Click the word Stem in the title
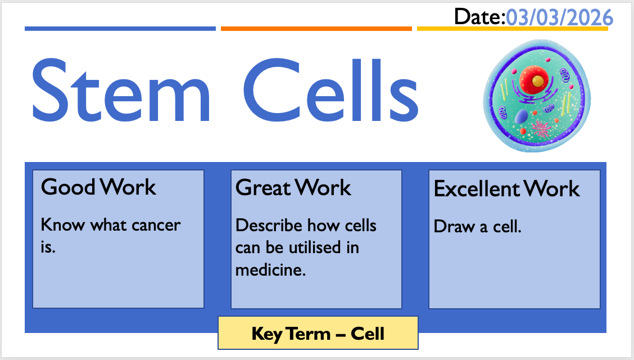coord(121,90)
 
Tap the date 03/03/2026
coord(560,18)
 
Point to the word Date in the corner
coord(478,17)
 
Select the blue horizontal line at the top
coord(120,29)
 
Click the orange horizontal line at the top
coord(316,29)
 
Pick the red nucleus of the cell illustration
coord(534,80)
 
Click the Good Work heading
coord(98,187)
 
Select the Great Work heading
coord(293,188)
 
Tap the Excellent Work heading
coord(506,189)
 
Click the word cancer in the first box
coord(156,226)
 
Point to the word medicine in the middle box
coord(270,270)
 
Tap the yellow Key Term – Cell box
coord(318,333)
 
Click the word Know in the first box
coord(63,225)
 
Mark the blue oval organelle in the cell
coord(521,116)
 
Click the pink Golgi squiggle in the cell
coord(541,129)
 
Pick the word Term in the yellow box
coord(309,334)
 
